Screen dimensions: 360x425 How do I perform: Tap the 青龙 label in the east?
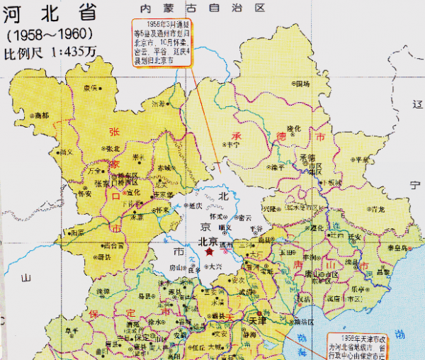coord(378,209)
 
